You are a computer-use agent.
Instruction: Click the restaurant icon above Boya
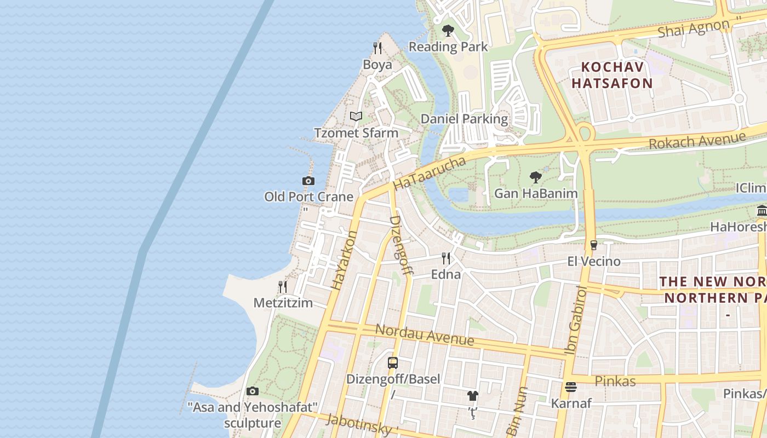click(x=377, y=48)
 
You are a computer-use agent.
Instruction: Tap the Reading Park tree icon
click(x=448, y=31)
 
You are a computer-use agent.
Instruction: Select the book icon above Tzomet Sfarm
click(x=356, y=116)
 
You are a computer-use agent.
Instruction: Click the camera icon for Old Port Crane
click(x=308, y=181)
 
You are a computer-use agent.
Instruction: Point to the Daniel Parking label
click(x=464, y=119)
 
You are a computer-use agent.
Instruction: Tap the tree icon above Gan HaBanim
click(x=536, y=177)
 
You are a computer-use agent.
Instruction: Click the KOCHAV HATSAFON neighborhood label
click(x=616, y=75)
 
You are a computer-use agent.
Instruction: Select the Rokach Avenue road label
click(x=697, y=140)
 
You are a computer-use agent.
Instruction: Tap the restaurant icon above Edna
click(x=446, y=258)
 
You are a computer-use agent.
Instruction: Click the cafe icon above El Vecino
click(x=593, y=245)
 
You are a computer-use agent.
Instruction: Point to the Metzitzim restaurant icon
click(x=283, y=287)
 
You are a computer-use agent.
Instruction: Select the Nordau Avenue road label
click(x=425, y=335)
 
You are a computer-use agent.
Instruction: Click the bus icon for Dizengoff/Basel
click(x=393, y=362)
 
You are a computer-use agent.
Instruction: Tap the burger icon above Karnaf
click(x=571, y=387)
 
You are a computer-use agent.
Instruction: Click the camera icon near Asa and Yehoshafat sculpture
click(x=252, y=391)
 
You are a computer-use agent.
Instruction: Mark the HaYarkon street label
click(x=345, y=260)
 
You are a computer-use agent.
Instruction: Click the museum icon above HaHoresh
click(x=762, y=211)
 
